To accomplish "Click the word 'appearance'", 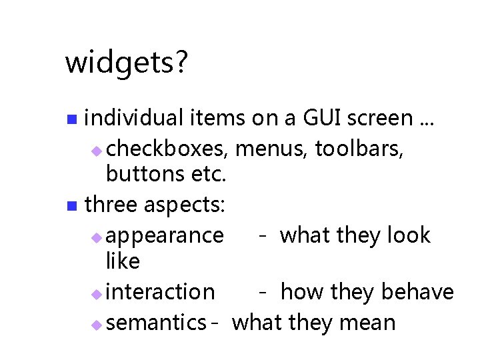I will [x=165, y=236].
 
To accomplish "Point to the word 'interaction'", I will [x=160, y=292].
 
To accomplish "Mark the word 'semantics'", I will [x=155, y=323].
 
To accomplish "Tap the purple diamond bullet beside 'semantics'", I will [x=96, y=325].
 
